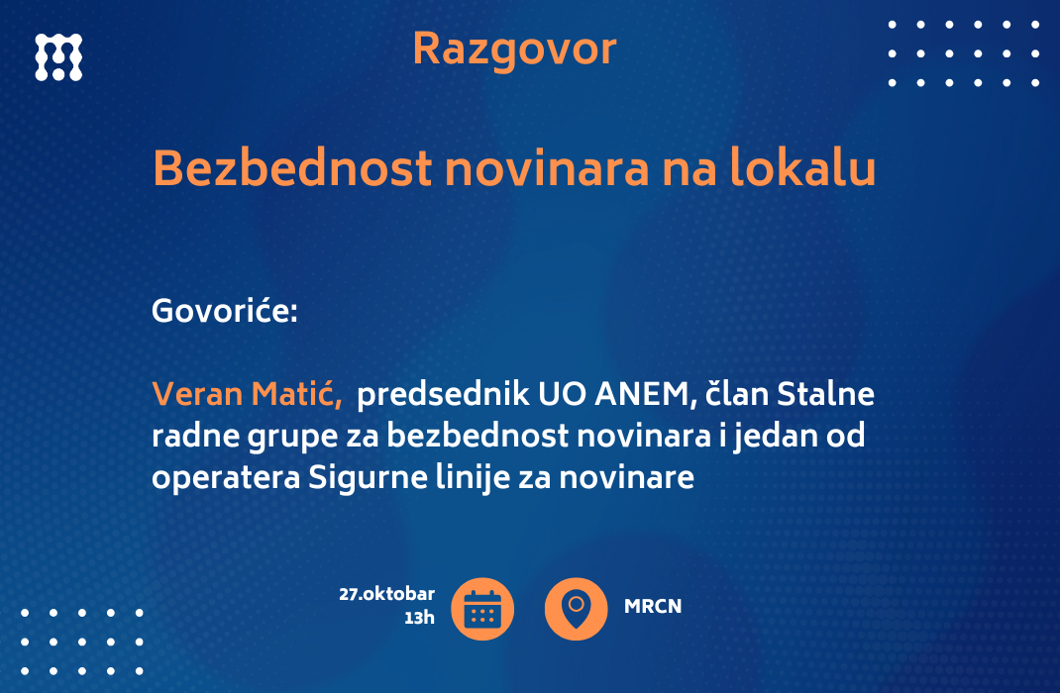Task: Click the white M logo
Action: [58, 57]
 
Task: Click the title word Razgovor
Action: [514, 49]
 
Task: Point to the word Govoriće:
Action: [225, 312]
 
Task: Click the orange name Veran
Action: [197, 394]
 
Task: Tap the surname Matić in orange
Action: [297, 394]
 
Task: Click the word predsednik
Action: [443, 394]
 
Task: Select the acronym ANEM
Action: [645, 394]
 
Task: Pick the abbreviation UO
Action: [562, 394]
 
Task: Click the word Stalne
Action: [825, 394]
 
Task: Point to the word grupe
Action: [292, 437]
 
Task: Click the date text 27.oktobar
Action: [387, 594]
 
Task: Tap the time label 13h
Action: [420, 618]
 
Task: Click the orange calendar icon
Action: [482, 609]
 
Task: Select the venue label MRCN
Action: [653, 607]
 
